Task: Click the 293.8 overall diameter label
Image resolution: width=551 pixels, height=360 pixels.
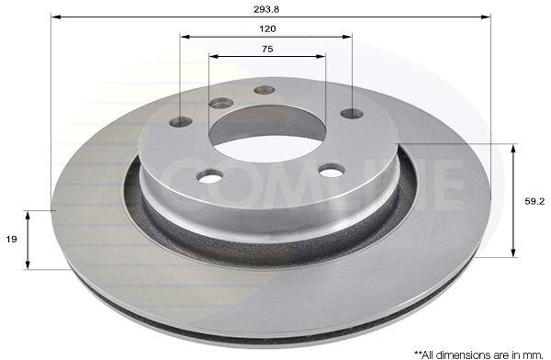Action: pos(266,9)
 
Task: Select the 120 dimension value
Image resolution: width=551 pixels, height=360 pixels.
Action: pos(267,28)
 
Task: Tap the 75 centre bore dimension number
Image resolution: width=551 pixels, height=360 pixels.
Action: pos(267,49)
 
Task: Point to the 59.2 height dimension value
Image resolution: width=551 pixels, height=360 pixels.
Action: pos(534,201)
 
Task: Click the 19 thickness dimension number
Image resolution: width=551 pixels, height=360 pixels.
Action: pos(12,240)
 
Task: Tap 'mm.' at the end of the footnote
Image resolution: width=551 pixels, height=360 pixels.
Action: pos(536,354)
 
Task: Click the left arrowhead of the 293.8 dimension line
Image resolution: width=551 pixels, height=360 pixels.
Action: pos(56,17)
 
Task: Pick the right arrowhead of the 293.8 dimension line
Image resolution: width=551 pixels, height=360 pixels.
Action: pos(486,17)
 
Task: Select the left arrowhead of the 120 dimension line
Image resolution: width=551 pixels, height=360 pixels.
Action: pos(185,36)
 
